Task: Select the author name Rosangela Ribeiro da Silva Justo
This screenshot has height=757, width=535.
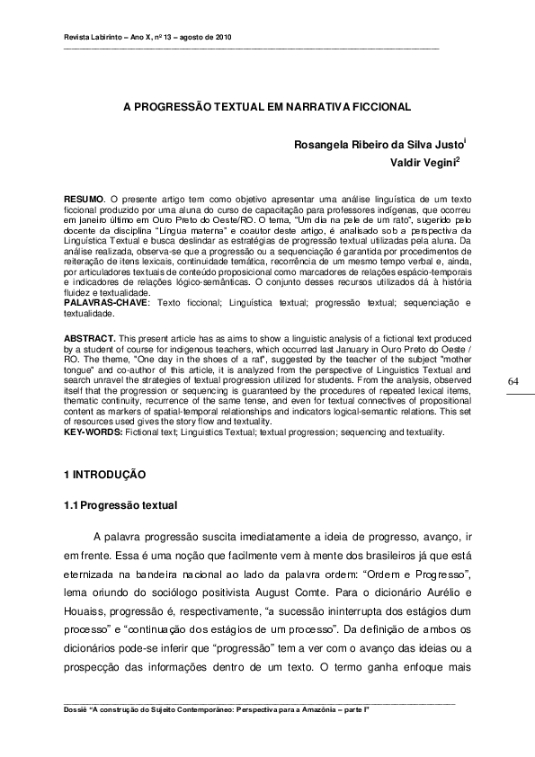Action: click(377, 144)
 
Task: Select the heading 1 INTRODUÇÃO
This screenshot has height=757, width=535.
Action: click(105, 474)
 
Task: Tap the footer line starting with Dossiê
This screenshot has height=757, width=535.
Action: click(217, 709)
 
